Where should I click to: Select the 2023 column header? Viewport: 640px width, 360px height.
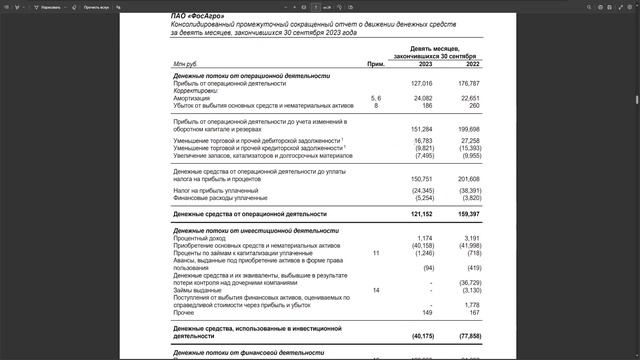coord(425,64)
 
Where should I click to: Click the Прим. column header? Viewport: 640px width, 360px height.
coord(376,64)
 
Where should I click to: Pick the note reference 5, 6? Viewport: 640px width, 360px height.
coord(376,98)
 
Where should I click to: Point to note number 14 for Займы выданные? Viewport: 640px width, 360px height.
coord(376,290)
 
